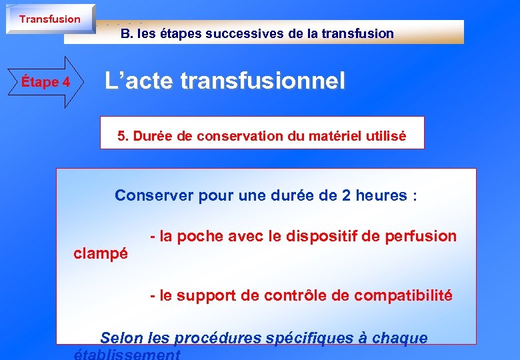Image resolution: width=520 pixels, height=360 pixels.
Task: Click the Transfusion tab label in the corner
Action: click(x=49, y=19)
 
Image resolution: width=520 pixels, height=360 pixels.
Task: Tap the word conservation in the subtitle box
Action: click(x=231, y=136)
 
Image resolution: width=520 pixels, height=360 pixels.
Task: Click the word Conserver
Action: click(x=148, y=195)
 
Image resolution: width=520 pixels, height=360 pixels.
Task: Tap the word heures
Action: click(x=380, y=195)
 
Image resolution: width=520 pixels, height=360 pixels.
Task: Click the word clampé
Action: click(x=100, y=253)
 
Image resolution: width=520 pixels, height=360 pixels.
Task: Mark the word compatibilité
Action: click(x=403, y=295)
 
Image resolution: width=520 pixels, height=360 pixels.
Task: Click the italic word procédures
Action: click(x=217, y=338)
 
